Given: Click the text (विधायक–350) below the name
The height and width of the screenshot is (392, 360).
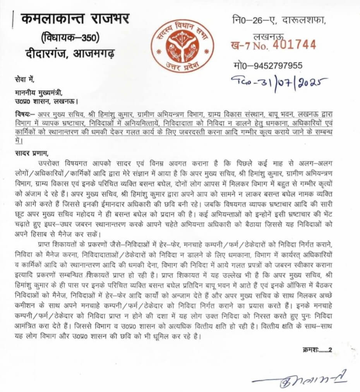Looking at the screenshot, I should [x=70, y=38].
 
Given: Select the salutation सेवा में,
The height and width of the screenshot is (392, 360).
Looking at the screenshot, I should [x=24, y=80].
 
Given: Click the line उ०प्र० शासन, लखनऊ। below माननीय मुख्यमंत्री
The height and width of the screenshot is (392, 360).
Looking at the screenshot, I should [x=46, y=101].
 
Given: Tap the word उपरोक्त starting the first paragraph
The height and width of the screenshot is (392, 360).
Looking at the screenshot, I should [x=50, y=161].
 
